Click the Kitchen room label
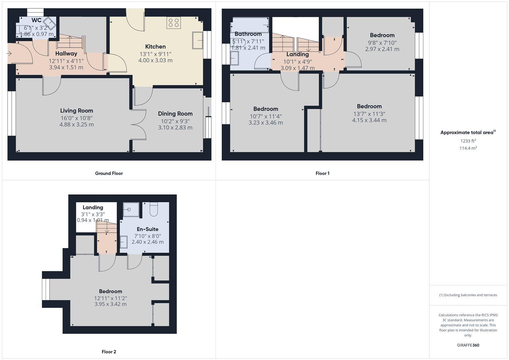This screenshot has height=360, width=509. point(155,47)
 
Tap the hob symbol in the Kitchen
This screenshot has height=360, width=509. point(173,23)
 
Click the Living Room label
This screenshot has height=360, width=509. point(77,111)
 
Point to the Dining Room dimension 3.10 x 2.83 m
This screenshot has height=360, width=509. point(175,127)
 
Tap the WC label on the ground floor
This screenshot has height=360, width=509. point(37,20)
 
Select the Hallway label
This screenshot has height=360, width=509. point(66,53)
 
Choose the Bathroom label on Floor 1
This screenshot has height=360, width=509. point(248,34)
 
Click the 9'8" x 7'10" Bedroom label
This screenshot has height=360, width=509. point(382,35)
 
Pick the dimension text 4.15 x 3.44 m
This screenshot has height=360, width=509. point(369,120)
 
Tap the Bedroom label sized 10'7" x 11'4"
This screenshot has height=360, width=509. point(266,109)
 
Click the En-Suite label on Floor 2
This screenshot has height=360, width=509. point(148,229)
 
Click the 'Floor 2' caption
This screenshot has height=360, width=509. point(109,352)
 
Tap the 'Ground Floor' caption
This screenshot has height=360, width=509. point(109,173)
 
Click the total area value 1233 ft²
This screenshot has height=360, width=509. point(468,141)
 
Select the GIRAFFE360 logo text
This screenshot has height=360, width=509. point(468,345)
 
